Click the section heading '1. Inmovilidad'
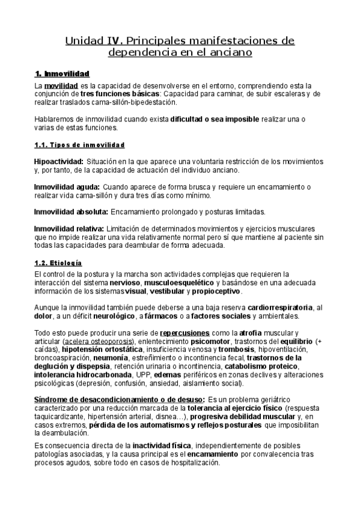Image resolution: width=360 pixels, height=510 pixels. [62, 74]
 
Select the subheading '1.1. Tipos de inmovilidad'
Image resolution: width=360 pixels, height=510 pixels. [79, 146]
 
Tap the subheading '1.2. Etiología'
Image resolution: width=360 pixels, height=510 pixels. [58, 263]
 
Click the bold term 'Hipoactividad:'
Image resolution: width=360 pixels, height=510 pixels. [59, 162]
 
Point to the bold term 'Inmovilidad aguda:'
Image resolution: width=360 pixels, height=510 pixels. [67, 188]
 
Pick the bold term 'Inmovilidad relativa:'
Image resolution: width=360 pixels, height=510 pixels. [69, 229]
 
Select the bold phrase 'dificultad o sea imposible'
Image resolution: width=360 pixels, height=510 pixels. [212, 120]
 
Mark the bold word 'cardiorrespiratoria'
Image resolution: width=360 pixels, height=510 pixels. [281, 308]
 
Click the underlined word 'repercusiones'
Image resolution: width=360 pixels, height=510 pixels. [185, 333]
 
